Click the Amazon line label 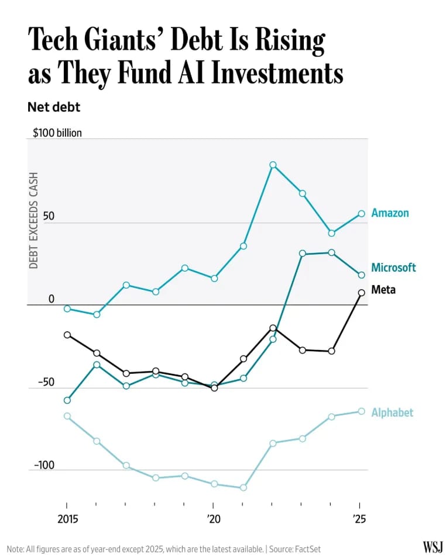coord(390,213)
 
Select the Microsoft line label coord(393,268)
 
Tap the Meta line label coord(383,290)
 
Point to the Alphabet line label coord(392,413)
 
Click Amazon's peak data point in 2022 coord(273,165)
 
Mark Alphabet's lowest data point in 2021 coord(243,487)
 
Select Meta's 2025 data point coord(361,293)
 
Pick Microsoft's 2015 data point coord(67,400)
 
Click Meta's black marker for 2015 coord(67,335)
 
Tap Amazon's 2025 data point coord(361,214)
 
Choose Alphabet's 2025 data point coord(361,411)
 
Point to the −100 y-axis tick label coord(44,466)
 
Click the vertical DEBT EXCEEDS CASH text coord(34,220)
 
